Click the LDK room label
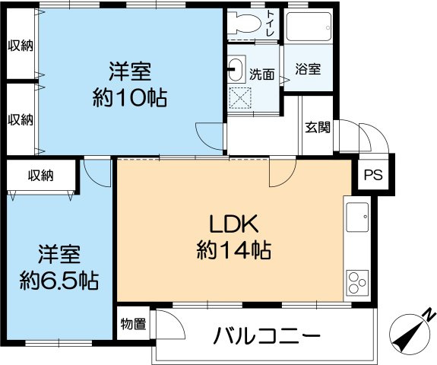235,224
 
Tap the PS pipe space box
372,174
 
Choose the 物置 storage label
132,325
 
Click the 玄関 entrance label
318,127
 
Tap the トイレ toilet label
271,25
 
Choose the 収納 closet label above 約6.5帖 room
41,176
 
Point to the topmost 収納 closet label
21,45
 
